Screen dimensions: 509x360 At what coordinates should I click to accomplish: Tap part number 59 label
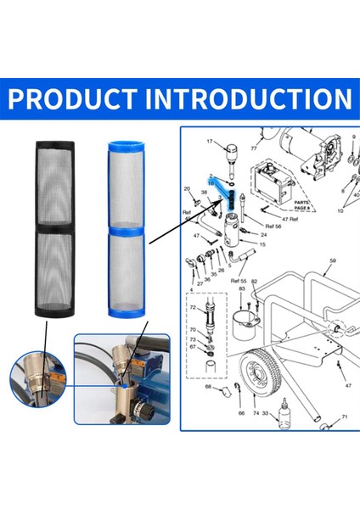tap(333, 261)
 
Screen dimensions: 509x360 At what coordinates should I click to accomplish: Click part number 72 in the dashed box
tap(193, 307)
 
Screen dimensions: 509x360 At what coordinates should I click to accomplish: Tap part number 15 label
tap(262, 244)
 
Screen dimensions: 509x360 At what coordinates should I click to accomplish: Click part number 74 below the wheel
tap(256, 412)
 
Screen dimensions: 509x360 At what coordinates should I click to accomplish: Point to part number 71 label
tap(345, 417)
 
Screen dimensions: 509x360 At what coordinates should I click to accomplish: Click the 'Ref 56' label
tap(274, 227)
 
